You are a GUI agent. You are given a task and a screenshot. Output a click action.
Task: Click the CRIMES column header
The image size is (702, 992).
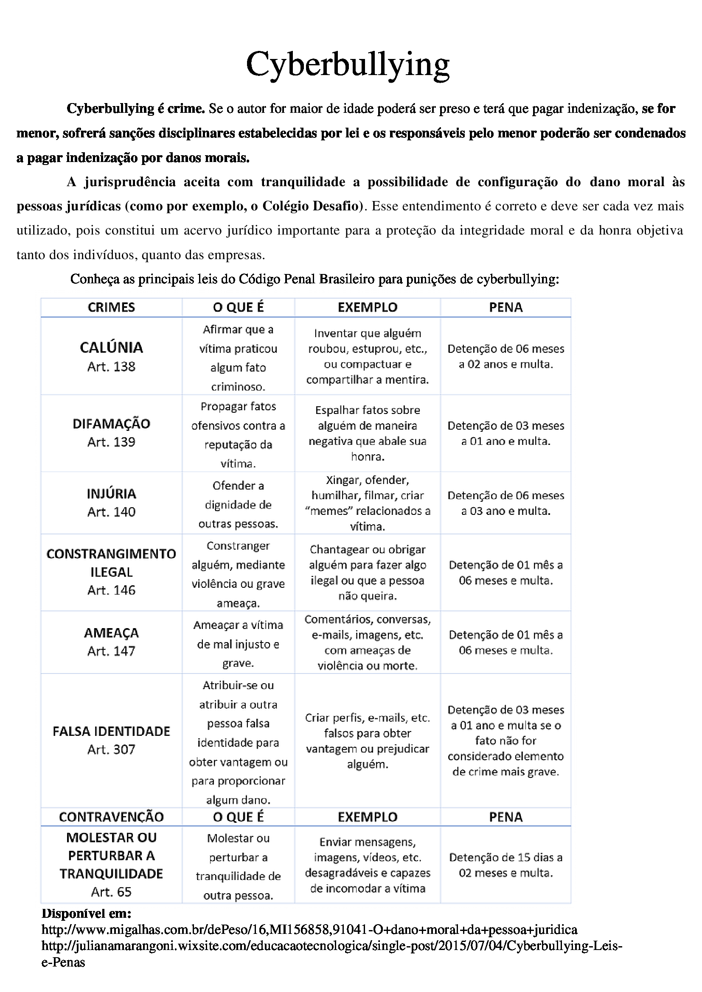[x=111, y=307]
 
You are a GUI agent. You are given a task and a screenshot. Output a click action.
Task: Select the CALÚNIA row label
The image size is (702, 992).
[x=111, y=347]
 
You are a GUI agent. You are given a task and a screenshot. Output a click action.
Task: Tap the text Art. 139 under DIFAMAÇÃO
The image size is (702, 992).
[x=111, y=442]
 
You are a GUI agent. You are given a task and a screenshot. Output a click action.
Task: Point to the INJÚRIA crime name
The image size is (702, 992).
[x=111, y=493]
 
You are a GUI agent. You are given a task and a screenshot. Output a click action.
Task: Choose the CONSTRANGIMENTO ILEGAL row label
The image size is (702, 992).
[x=111, y=562]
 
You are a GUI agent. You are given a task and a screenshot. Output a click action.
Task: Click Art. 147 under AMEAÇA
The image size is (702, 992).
[x=111, y=651]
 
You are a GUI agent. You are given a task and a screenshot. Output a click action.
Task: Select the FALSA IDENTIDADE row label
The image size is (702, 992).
[x=111, y=731]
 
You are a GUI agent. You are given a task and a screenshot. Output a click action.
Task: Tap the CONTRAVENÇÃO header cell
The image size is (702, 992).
[x=111, y=816]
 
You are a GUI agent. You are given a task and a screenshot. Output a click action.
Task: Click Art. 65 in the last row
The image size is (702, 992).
[x=111, y=892]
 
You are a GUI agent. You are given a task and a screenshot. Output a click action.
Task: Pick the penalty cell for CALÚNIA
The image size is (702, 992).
[x=506, y=356]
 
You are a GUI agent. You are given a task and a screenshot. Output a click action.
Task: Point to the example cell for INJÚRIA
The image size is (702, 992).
[x=368, y=503]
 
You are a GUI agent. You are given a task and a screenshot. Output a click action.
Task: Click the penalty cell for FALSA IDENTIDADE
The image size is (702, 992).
[x=506, y=741]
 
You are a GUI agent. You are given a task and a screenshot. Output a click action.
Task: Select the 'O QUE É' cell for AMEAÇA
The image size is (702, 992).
[x=238, y=644]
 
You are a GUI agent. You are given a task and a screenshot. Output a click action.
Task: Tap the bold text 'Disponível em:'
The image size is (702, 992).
[x=87, y=914]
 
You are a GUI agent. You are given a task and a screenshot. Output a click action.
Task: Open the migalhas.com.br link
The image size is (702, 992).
[x=309, y=930]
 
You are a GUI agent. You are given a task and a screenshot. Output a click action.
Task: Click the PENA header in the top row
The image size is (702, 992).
[x=506, y=307]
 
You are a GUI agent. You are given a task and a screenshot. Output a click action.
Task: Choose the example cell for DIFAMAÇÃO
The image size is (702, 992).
[x=368, y=433]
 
